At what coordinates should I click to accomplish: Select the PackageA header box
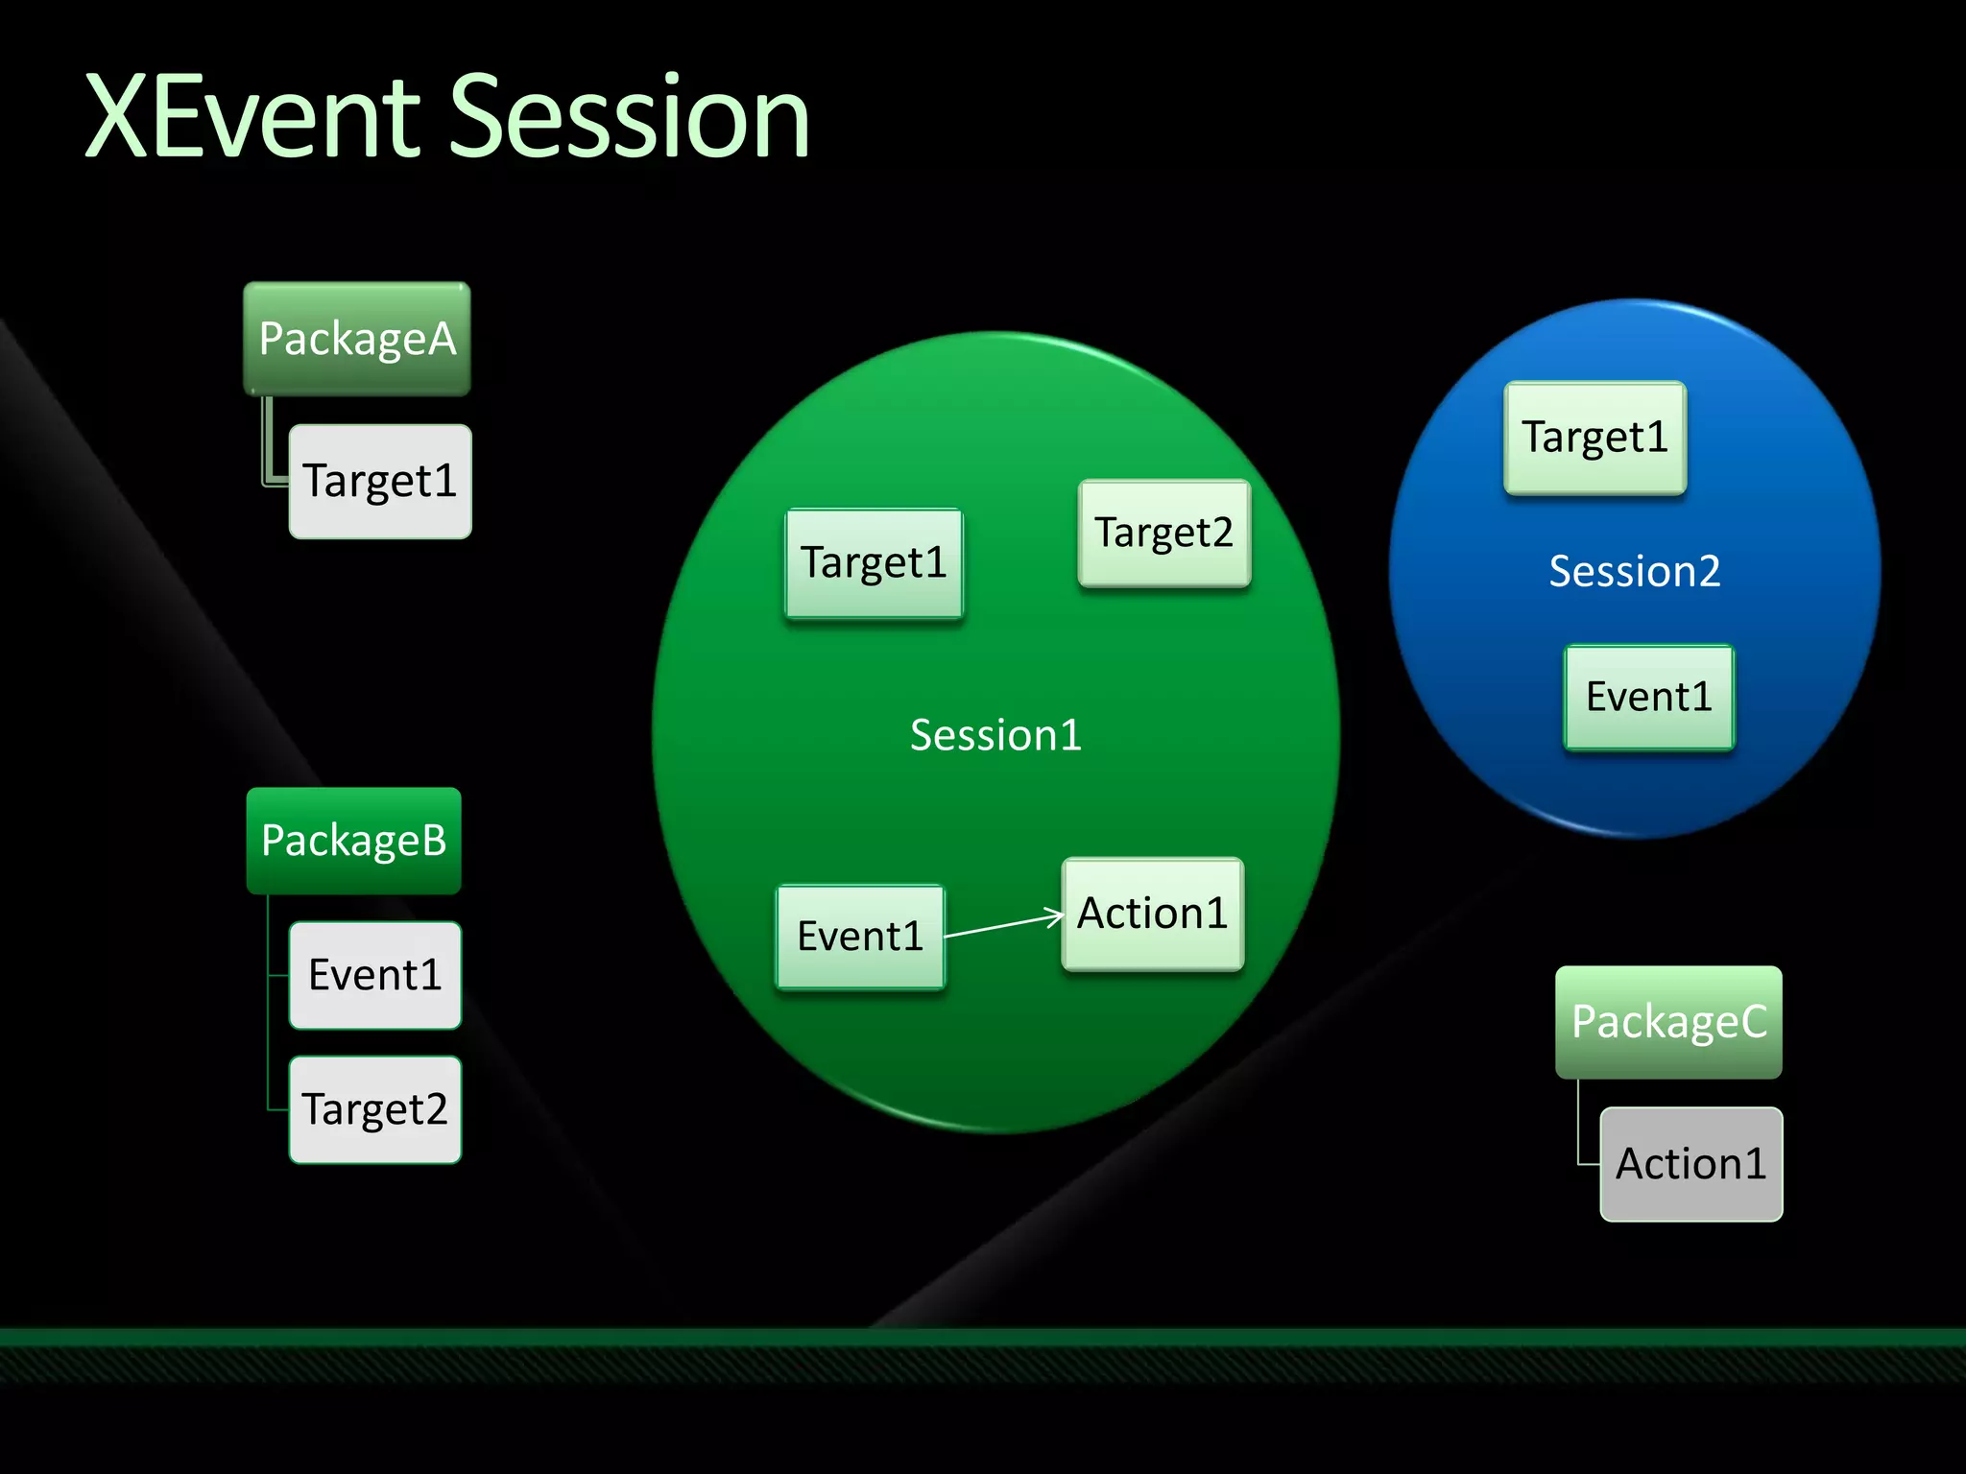click(x=357, y=339)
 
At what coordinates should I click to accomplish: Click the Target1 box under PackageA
click(x=380, y=481)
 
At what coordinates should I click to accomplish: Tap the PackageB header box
click(x=353, y=841)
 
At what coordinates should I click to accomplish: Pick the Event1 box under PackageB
click(x=375, y=975)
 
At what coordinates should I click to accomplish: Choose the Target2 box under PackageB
click(x=375, y=1109)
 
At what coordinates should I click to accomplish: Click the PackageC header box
click(x=1668, y=1022)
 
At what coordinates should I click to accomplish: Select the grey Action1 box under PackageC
click(x=1690, y=1164)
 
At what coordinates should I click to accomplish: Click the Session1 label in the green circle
click(x=995, y=735)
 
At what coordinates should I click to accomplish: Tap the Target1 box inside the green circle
click(x=874, y=563)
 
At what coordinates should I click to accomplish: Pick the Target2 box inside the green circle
click(x=1163, y=533)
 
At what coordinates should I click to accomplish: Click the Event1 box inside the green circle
click(x=860, y=937)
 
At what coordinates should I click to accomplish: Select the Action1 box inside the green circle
click(x=1152, y=914)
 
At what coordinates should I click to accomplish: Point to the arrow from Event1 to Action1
click(x=1003, y=925)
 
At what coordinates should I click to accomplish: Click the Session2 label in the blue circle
click(x=1634, y=571)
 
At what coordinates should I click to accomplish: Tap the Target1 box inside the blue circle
click(x=1594, y=438)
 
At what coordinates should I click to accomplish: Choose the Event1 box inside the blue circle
click(x=1648, y=697)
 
